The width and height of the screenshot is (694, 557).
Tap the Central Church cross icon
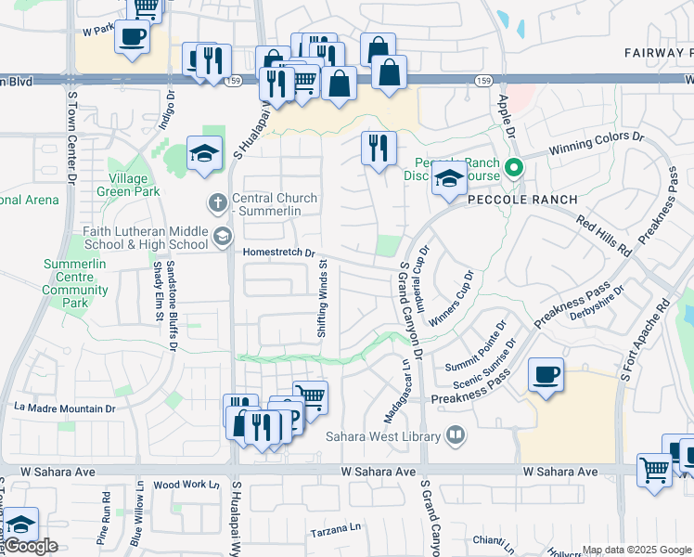(218, 201)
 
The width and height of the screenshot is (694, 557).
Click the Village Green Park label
(128, 185)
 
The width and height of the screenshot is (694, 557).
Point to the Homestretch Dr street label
(279, 253)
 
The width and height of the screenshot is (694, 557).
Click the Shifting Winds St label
(324, 298)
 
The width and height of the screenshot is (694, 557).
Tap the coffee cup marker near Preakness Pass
(545, 376)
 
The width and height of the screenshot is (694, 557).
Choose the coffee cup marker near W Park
(132, 38)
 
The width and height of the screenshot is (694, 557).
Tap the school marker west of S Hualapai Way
(204, 154)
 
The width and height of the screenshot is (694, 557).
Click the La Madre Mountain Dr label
(65, 408)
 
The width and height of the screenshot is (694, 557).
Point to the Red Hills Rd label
(603, 236)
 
